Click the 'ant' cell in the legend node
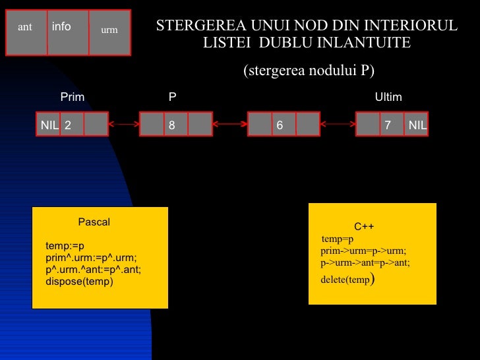(26, 32)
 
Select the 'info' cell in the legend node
(67, 32)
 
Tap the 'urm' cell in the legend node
(109, 32)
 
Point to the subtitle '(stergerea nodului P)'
(313, 71)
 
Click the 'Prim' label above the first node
(73, 98)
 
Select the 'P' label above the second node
(172, 98)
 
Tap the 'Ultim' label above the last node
(388, 98)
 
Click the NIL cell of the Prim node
(49, 124)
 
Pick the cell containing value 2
(72, 124)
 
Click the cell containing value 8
(175, 124)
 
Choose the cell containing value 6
(284, 124)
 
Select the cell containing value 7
(392, 124)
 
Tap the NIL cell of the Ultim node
(417, 124)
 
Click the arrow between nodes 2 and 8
(124, 124)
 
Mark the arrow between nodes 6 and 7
(338, 124)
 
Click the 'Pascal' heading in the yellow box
(94, 222)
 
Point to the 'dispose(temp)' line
(80, 282)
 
